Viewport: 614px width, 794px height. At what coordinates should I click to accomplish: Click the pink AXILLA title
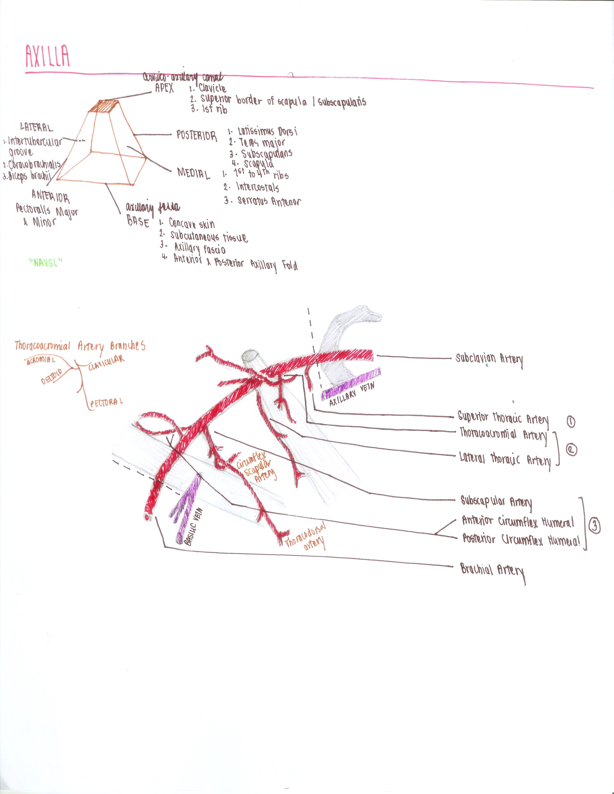point(47,56)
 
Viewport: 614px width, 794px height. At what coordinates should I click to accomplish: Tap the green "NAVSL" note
point(46,263)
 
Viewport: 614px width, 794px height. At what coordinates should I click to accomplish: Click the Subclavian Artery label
point(489,359)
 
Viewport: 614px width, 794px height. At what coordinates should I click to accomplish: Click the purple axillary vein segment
point(351,383)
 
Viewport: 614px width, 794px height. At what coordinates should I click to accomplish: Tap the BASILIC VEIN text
point(194,527)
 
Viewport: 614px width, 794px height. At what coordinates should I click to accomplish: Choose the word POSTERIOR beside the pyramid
point(196,136)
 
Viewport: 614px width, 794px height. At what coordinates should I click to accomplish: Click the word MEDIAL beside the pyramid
point(194,173)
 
